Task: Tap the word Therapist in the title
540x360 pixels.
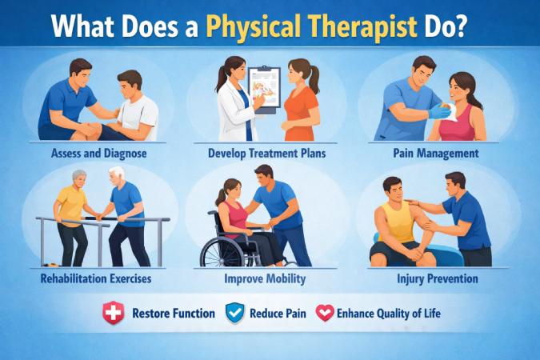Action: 366,26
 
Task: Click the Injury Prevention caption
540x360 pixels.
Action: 438,279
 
